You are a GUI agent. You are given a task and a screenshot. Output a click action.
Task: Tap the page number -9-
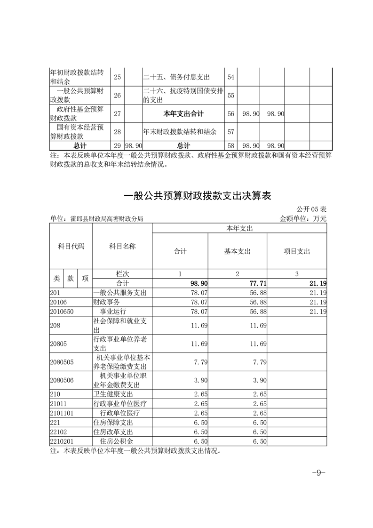[319, 473]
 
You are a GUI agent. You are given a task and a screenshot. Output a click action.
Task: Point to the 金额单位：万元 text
[303, 218]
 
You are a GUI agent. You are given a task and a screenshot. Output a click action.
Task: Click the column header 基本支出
[237, 251]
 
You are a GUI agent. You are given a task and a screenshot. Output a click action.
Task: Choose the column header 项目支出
[297, 251]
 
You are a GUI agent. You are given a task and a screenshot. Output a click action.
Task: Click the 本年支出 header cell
[239, 228]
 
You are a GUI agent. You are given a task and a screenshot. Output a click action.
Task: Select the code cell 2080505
[61, 363]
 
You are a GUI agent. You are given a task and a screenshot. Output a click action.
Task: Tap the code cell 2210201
[61, 441]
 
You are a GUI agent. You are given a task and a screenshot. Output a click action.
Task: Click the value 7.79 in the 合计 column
[200, 363]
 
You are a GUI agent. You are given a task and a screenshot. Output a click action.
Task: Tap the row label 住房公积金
[117, 441]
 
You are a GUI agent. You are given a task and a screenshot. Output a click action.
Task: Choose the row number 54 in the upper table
[230, 77]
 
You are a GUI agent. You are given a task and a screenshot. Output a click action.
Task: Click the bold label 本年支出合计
[183, 113]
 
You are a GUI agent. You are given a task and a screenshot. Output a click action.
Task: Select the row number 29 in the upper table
[117, 146]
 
